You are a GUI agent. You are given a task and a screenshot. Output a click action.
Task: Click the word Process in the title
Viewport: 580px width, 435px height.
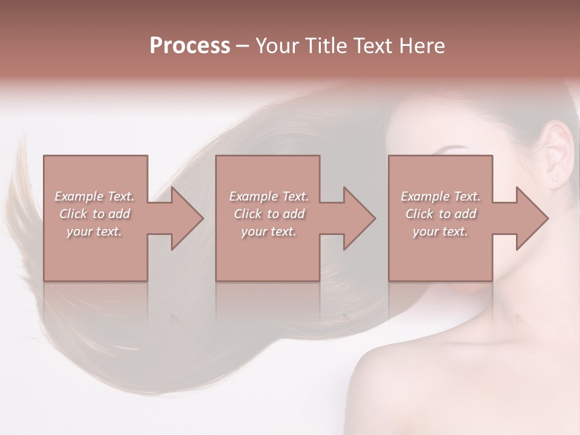(x=190, y=46)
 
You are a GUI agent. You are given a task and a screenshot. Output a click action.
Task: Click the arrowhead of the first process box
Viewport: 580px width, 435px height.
(x=185, y=218)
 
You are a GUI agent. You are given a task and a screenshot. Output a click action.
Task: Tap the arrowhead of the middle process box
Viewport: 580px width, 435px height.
(x=357, y=218)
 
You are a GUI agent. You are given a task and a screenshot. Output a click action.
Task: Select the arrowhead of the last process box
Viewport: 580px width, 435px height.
(x=530, y=218)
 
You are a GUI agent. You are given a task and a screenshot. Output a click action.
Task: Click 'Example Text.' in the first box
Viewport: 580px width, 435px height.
(x=95, y=196)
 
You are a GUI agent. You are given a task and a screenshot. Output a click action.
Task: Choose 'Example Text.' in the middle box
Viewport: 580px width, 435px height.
(x=269, y=196)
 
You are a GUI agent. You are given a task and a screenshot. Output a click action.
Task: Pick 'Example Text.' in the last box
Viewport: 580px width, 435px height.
(x=440, y=196)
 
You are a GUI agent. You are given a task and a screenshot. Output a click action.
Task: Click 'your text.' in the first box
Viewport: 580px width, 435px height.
(x=95, y=231)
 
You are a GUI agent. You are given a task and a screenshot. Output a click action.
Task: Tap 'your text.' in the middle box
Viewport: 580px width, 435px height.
(x=269, y=231)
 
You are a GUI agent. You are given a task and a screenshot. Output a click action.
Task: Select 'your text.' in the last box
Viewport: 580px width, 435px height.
(x=440, y=231)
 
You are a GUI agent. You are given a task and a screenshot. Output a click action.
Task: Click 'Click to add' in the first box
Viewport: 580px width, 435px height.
(x=95, y=214)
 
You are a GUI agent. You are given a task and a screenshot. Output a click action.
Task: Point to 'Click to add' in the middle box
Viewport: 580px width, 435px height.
(x=269, y=214)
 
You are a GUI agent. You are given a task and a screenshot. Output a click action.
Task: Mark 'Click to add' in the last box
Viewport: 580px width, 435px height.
(x=440, y=214)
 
